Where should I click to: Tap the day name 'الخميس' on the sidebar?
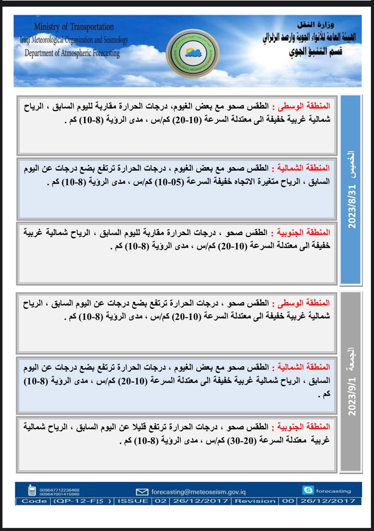click(352, 163)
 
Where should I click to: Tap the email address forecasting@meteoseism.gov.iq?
click(198, 492)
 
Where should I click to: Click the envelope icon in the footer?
click(142, 492)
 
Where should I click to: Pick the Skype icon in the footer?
click(308, 491)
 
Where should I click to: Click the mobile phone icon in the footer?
click(32, 491)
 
